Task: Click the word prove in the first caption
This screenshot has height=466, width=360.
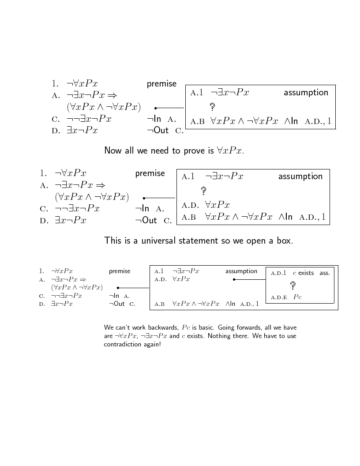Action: [194, 151]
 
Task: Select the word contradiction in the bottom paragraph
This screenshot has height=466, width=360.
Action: [124, 344]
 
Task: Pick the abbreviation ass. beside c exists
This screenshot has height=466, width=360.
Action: [325, 273]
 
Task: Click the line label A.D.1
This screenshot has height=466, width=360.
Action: [278, 273]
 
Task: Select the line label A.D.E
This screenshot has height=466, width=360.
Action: [279, 297]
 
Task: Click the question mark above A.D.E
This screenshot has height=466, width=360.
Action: [292, 286]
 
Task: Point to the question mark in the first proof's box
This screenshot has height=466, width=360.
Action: [212, 106]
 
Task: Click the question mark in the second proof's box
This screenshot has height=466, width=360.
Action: [203, 191]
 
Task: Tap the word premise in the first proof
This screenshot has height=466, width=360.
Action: [161, 84]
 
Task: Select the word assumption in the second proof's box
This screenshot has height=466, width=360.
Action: [300, 177]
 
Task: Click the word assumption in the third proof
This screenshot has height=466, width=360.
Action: [241, 271]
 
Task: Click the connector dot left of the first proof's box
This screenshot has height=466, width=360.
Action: [156, 108]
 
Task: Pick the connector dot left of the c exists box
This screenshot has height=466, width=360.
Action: [234, 279]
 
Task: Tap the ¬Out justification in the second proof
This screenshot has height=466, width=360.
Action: [146, 220]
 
